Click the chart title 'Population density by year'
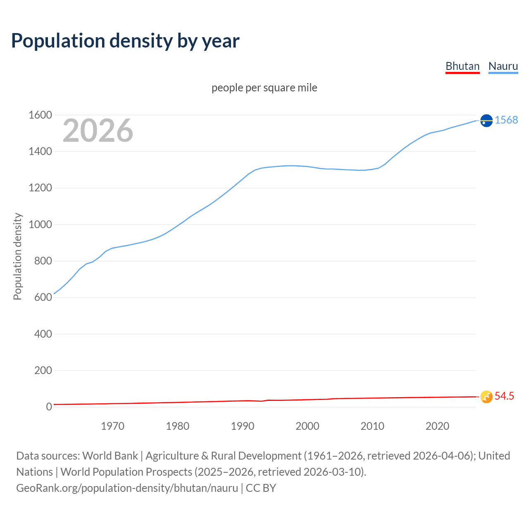(x=125, y=41)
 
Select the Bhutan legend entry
(x=462, y=66)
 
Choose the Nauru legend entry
(x=503, y=66)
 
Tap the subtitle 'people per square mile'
(x=264, y=88)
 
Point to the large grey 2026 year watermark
(x=98, y=131)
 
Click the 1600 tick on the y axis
(x=40, y=115)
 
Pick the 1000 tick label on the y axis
(x=40, y=225)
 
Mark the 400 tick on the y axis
(x=43, y=334)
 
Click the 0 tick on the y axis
(x=49, y=407)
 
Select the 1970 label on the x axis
(x=112, y=426)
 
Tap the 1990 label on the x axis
(x=243, y=426)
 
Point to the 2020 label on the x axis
(x=437, y=426)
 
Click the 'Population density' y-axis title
(x=17, y=256)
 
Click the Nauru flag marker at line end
(x=486, y=120)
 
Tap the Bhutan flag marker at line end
(x=486, y=397)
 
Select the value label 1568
(x=506, y=120)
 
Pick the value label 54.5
(x=504, y=396)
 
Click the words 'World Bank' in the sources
(x=110, y=456)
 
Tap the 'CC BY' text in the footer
(x=261, y=488)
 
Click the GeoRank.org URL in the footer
(x=127, y=488)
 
